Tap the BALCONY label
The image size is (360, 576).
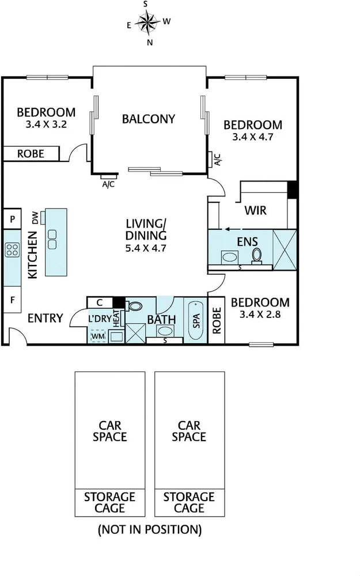[148, 119]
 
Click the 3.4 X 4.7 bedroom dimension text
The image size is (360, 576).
[252, 137]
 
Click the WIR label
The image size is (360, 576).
[255, 210]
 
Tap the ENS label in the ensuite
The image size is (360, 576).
[247, 241]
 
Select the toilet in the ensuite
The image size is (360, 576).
[257, 255]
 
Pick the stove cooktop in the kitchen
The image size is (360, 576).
[12, 249]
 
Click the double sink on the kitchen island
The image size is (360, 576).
[52, 238]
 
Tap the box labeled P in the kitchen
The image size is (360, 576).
[12, 219]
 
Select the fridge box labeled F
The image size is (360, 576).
[12, 300]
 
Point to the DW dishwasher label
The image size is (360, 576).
[35, 218]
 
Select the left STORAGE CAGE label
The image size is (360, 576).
[109, 502]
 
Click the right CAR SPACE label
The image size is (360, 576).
[188, 431]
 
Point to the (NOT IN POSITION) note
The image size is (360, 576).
[150, 529]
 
